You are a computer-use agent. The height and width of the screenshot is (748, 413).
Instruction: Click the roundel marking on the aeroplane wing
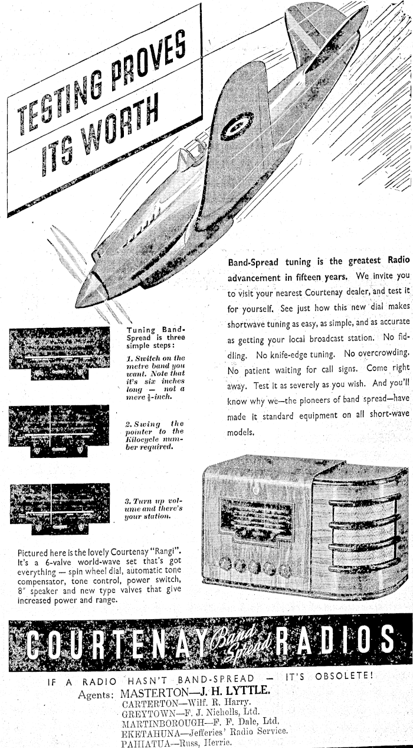pos(238,126)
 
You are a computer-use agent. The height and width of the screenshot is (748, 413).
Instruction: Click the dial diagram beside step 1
pos(60,353)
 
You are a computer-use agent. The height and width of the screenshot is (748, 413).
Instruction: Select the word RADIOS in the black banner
pos(337,640)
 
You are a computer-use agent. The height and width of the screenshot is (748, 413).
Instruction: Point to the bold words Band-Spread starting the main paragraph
pos(260,261)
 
